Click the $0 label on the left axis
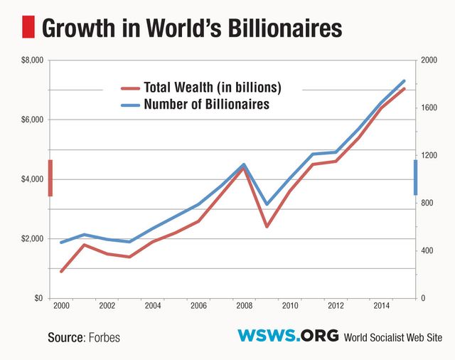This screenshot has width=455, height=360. [x=38, y=297]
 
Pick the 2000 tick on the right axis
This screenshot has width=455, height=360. [x=429, y=60]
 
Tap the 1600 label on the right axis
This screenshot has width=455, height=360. [x=428, y=108]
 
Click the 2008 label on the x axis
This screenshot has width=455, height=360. [x=244, y=306]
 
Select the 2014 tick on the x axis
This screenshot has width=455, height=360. [x=380, y=306]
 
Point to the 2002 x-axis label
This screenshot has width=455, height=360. [x=107, y=306]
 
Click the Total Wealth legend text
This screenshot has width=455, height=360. [x=213, y=88]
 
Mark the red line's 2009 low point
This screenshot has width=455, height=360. [x=267, y=226]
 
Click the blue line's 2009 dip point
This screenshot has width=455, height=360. [x=267, y=204]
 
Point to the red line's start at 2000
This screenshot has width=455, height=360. [x=62, y=271]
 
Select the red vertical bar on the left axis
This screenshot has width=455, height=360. [x=50, y=178]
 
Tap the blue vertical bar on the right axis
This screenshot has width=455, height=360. [x=416, y=177]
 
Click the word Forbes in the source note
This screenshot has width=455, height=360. [x=105, y=337]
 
